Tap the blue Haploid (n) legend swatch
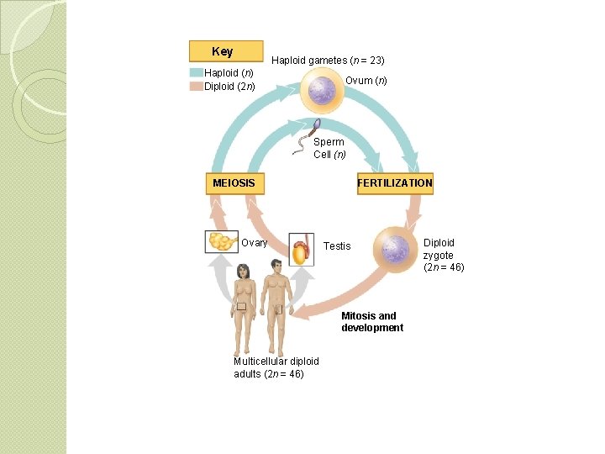[197, 73]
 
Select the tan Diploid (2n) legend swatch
[197, 86]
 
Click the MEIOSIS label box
[234, 182]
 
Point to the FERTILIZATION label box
[395, 182]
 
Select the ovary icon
[222, 242]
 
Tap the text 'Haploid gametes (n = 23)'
[328, 61]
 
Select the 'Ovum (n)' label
[366, 81]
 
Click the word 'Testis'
[337, 246]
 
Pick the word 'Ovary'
[255, 243]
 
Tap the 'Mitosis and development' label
[371, 322]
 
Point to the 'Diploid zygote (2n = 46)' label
[443, 255]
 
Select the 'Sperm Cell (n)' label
[329, 148]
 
